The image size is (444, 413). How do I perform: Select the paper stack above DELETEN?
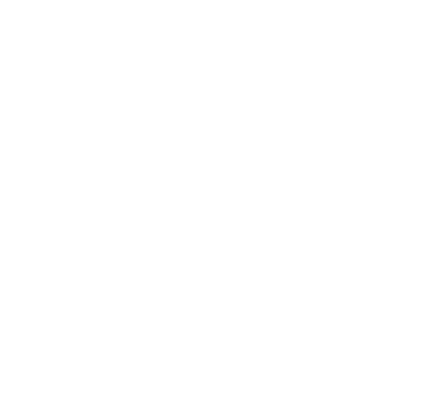click(316, 222)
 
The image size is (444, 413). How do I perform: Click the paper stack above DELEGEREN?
click(108, 215)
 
